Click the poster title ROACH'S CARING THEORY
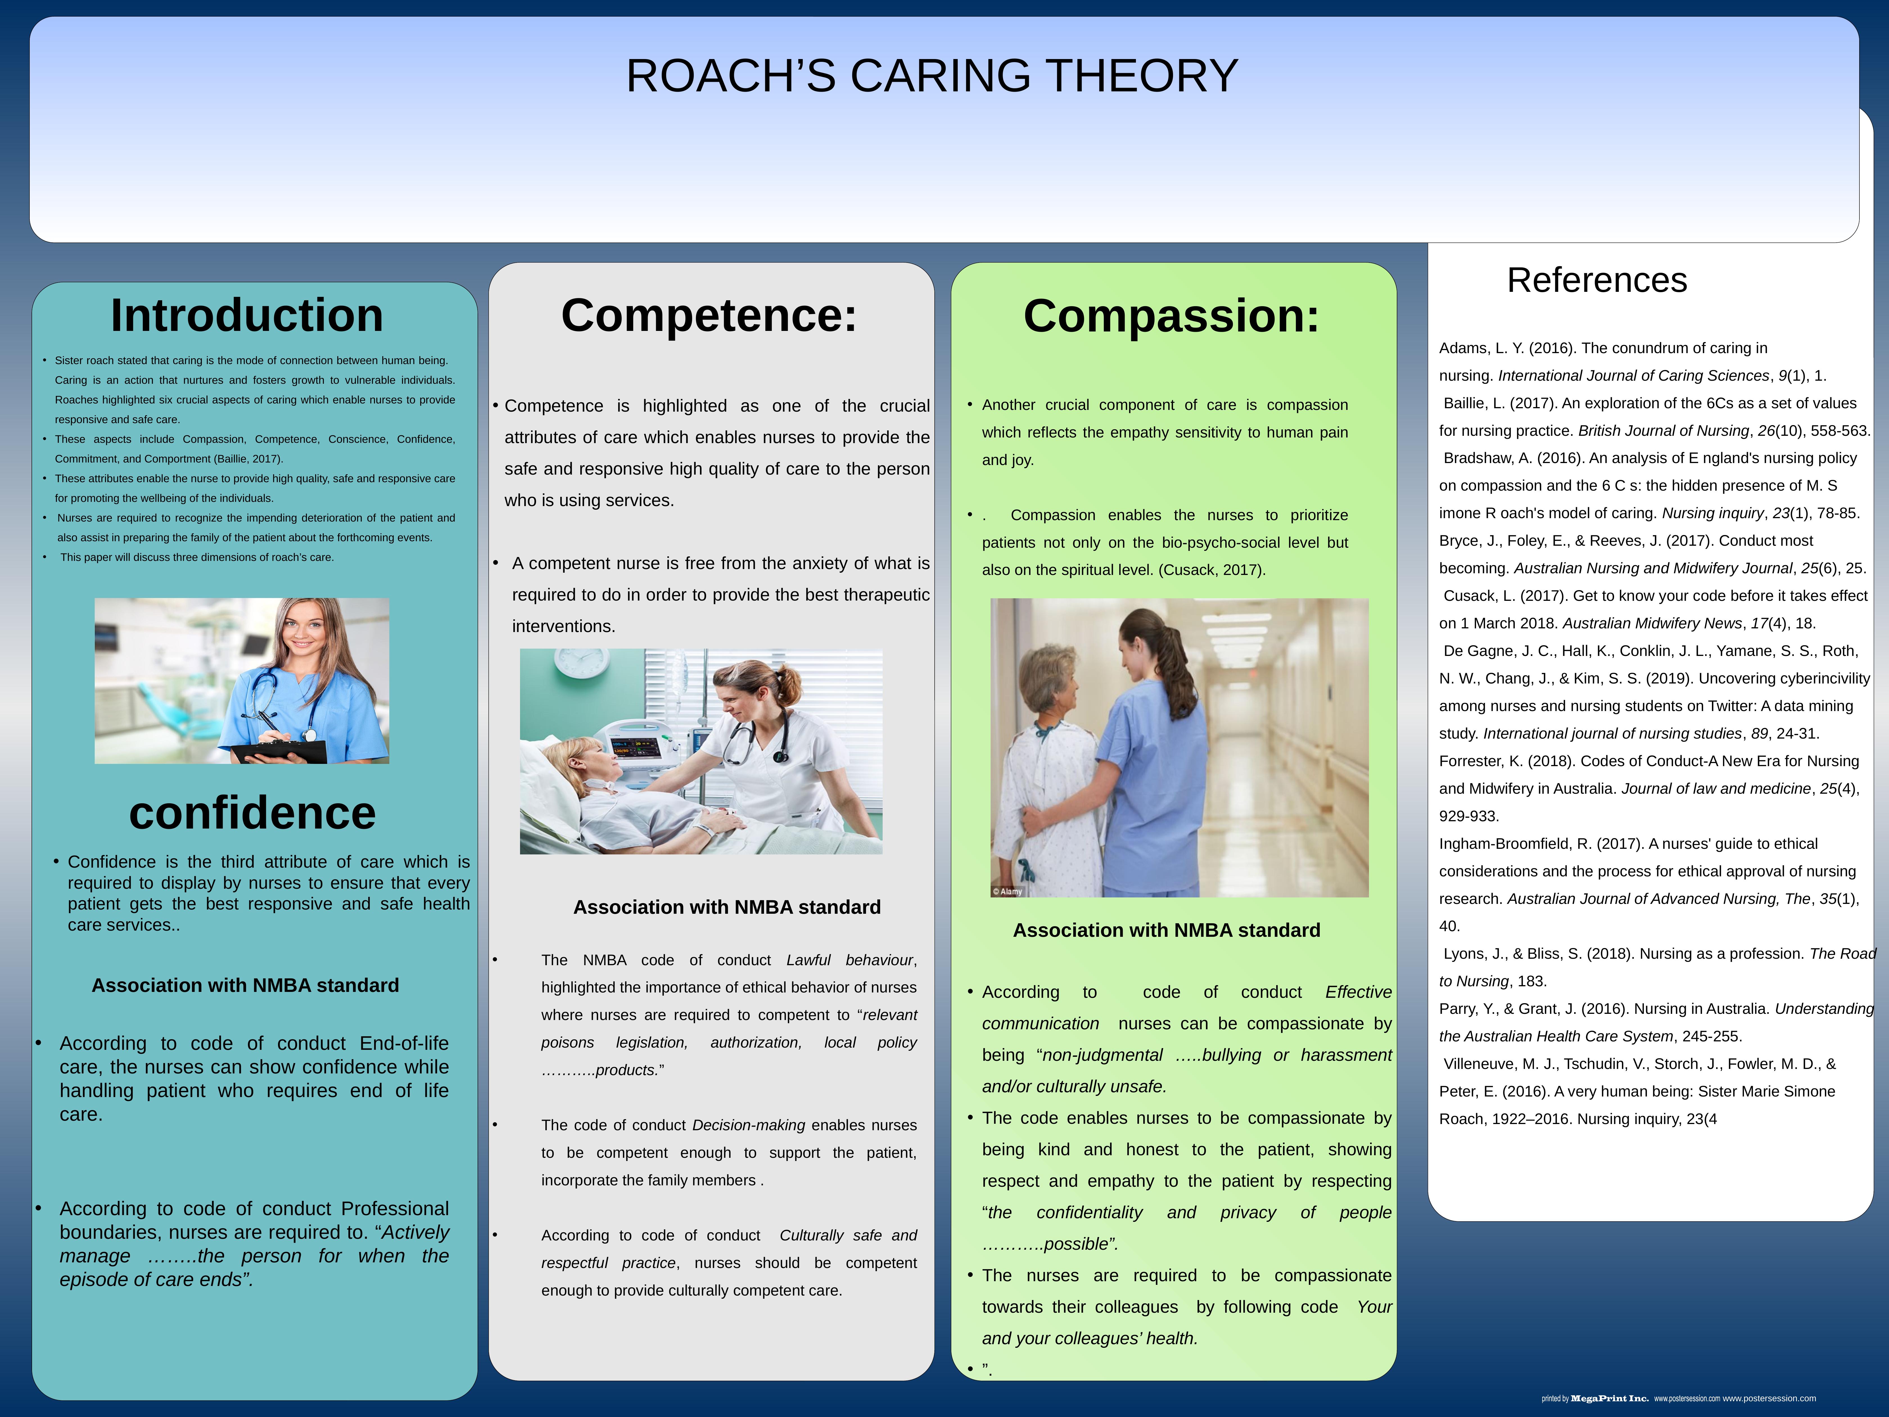click(x=932, y=76)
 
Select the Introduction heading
click(x=247, y=315)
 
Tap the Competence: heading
click(x=709, y=315)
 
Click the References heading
click(x=1596, y=280)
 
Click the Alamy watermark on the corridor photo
click(x=1008, y=891)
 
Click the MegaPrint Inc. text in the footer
click(x=1609, y=1398)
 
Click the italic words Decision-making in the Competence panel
click(x=748, y=1125)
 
